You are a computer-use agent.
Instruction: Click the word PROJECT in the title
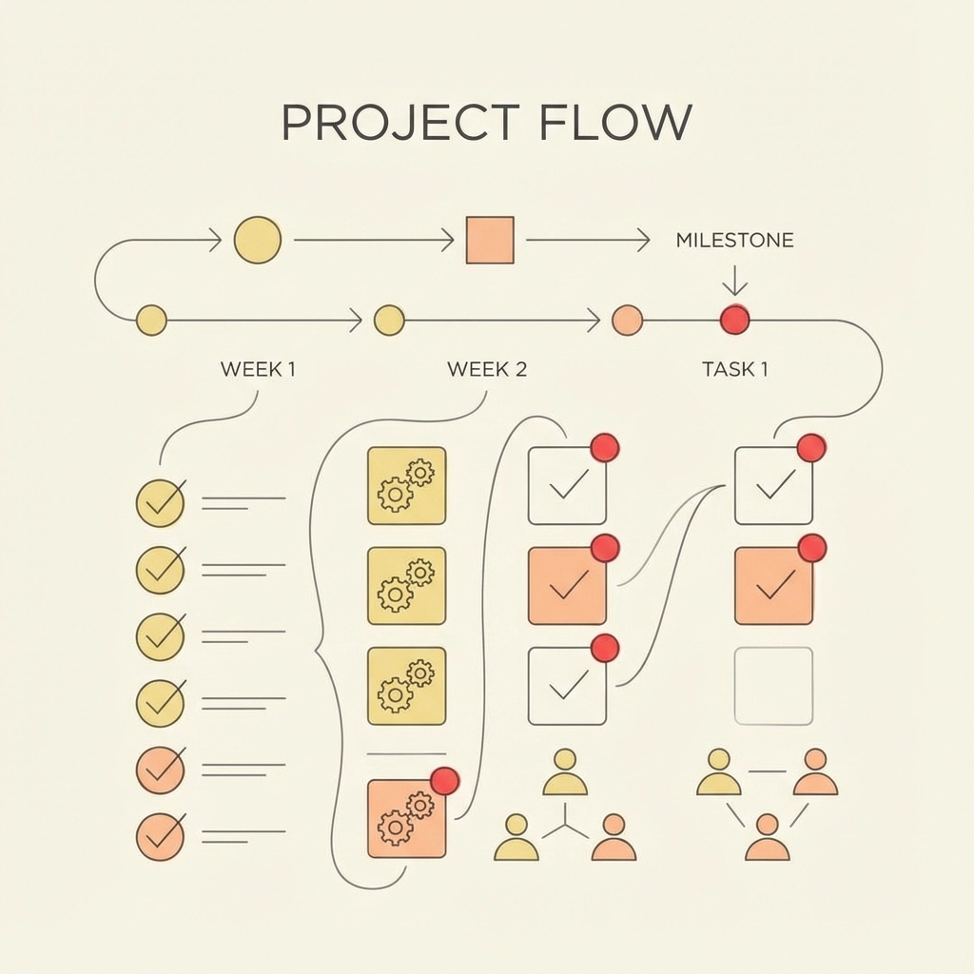[400, 123]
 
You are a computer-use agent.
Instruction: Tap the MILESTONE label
[734, 241]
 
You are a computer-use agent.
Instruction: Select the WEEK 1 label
[258, 369]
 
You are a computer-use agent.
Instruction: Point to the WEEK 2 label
[487, 369]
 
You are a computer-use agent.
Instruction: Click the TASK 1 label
[734, 369]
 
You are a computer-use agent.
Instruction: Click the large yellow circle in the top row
[258, 240]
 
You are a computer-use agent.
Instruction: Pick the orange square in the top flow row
[490, 240]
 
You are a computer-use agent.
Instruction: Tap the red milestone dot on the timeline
[734, 320]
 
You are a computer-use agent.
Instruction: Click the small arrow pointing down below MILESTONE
[734, 282]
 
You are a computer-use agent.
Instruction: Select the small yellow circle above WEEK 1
[152, 321]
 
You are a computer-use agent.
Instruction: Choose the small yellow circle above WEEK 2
[389, 321]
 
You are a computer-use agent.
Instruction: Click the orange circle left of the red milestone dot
[627, 321]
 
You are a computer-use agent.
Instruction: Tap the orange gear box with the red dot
[406, 818]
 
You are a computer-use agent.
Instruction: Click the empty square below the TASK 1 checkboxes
[773, 686]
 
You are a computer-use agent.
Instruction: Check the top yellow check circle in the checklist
[160, 502]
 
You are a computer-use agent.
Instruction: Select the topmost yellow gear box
[406, 485]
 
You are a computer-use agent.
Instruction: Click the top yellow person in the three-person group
[565, 773]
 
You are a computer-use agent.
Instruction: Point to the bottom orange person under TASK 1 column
[767, 838]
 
